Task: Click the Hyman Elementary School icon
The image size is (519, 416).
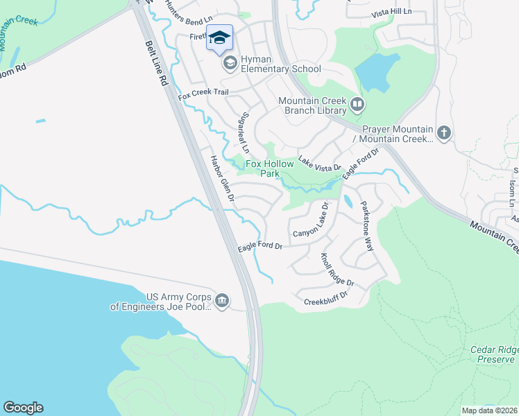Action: tap(229, 63)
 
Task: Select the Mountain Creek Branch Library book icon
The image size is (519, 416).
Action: tap(357, 105)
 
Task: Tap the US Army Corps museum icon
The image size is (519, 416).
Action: tap(222, 300)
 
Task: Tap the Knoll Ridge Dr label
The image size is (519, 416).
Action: tap(337, 270)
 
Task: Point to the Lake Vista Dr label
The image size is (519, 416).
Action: tap(320, 162)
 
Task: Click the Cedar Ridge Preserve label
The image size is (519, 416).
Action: tap(492, 354)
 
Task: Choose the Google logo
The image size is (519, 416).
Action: tap(23, 408)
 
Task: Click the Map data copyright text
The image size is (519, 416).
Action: tap(489, 410)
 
